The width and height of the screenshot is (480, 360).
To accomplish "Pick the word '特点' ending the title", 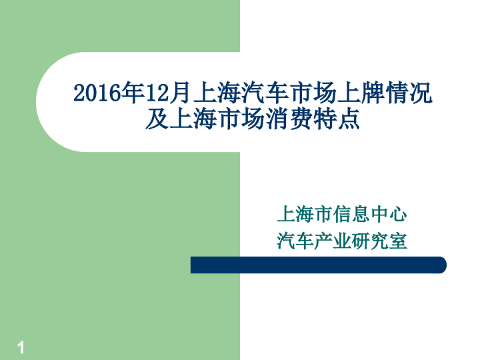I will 337,120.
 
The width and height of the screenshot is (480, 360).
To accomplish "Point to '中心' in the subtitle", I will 388,215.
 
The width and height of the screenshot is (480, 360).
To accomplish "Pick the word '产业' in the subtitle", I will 332,240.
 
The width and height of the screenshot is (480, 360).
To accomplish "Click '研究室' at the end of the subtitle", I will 379,240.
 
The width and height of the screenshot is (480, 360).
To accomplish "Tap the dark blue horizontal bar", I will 318,265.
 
